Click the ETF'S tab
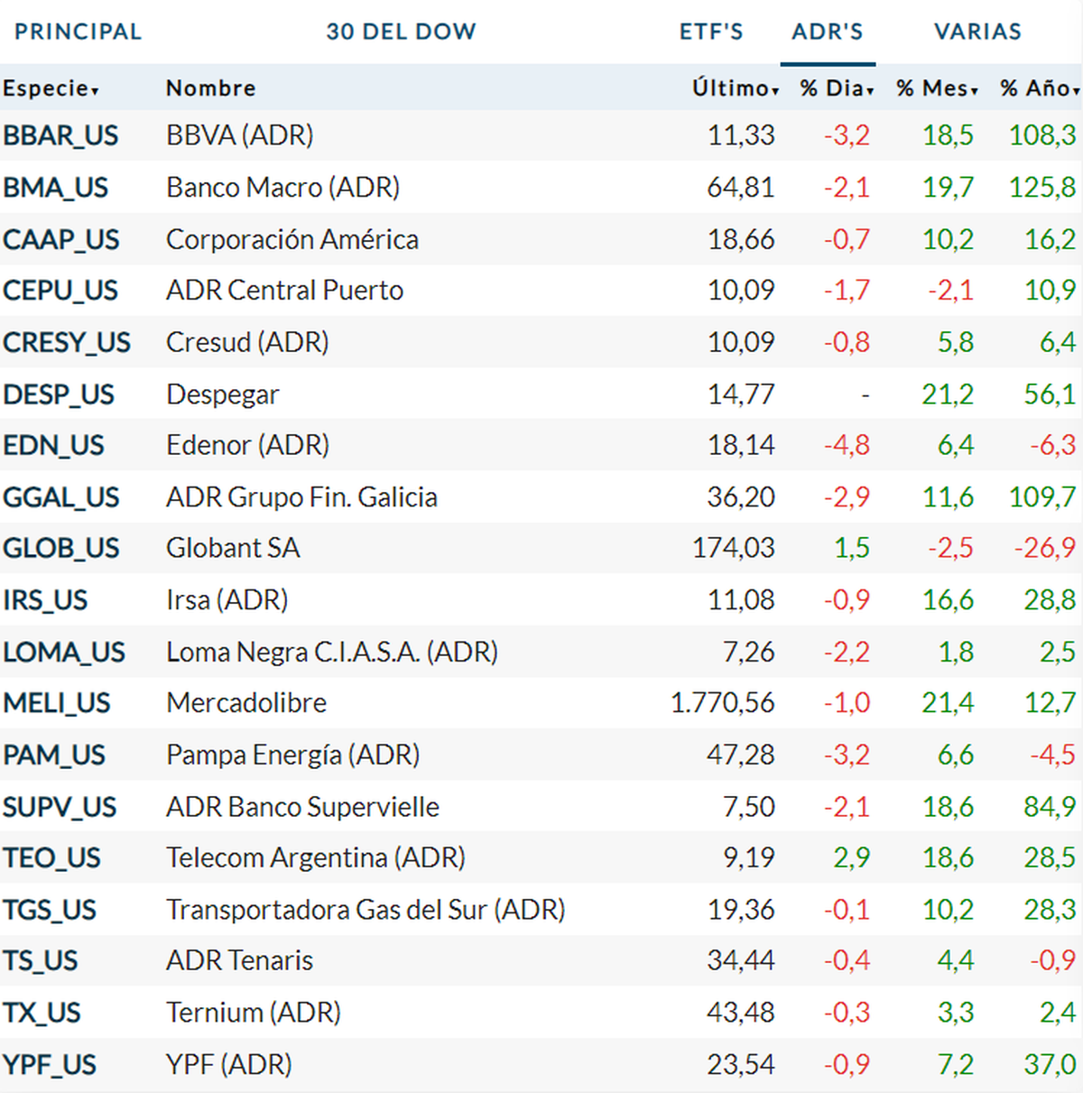(x=711, y=32)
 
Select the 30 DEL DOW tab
(x=401, y=32)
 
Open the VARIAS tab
(x=977, y=32)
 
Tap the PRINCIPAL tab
(x=79, y=32)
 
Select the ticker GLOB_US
(x=61, y=549)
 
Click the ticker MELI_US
(x=57, y=703)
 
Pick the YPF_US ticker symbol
(x=50, y=1065)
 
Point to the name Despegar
(x=223, y=394)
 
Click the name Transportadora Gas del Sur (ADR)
(x=366, y=910)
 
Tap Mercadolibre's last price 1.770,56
(x=722, y=703)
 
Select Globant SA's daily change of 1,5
(x=852, y=549)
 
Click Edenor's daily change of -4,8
(x=847, y=446)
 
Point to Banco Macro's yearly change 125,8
(x=1042, y=188)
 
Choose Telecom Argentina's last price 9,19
(x=749, y=858)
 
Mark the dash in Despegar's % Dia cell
(x=865, y=394)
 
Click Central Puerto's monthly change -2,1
(x=951, y=291)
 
